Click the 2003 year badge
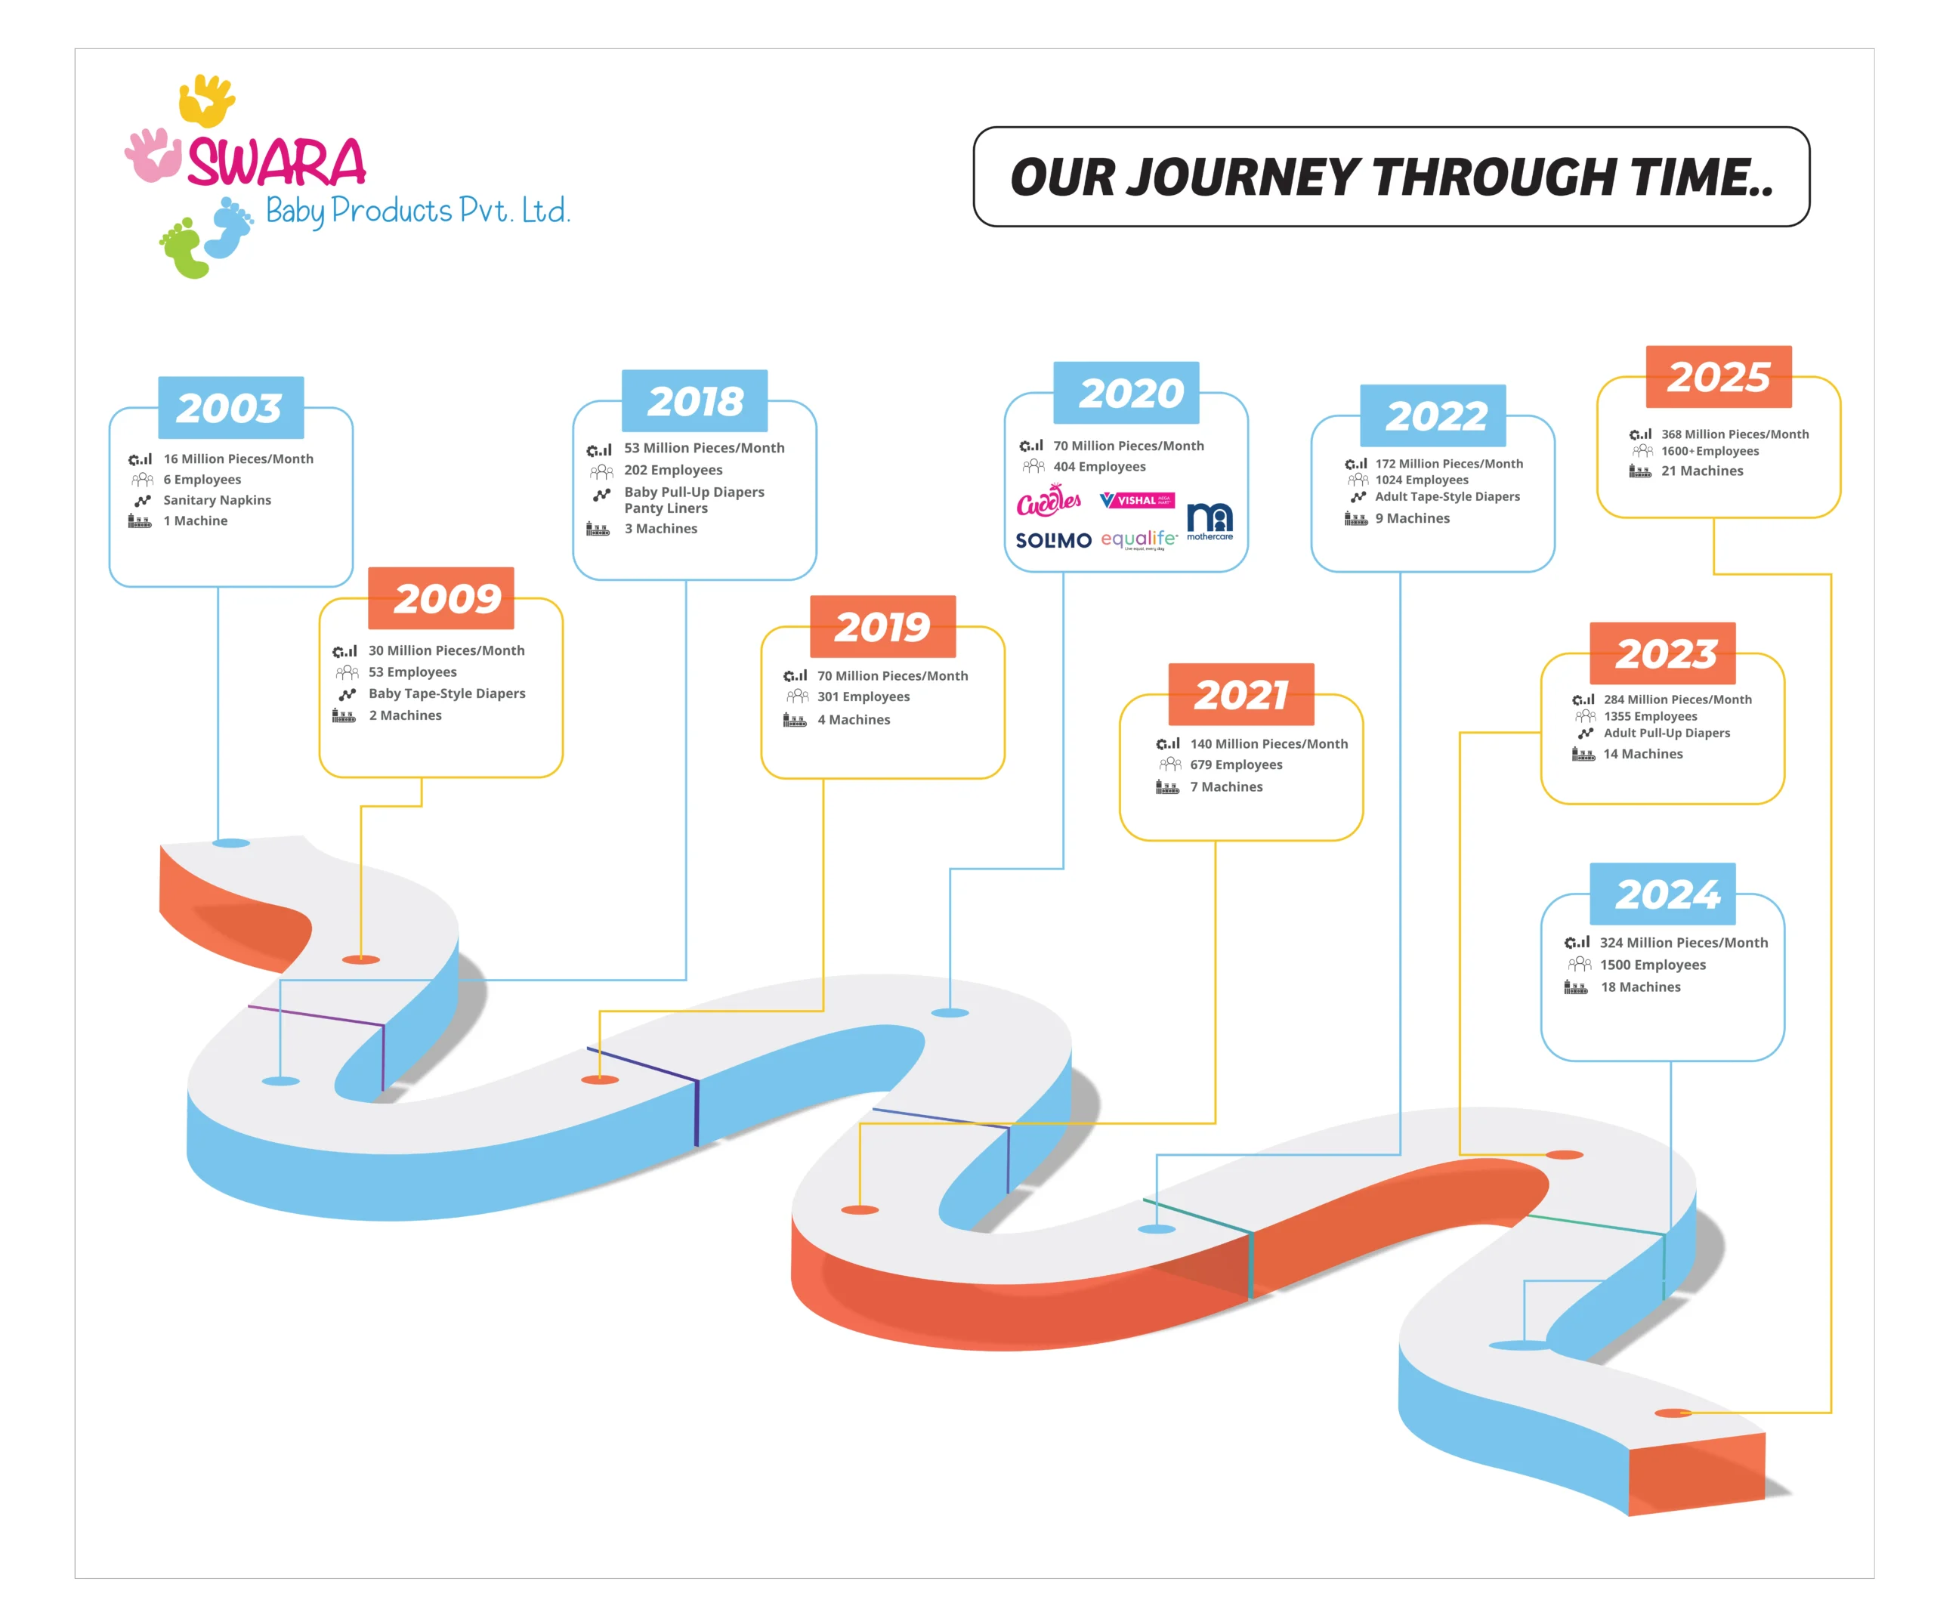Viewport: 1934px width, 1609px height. (x=230, y=407)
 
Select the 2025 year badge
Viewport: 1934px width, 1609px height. (x=1718, y=377)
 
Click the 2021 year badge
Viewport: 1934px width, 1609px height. (x=1240, y=694)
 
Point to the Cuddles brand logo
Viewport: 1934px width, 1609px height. (x=1048, y=501)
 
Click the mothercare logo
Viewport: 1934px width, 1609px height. (x=1210, y=520)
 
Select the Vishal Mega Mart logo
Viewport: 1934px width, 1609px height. (x=1138, y=500)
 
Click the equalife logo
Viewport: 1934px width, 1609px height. (x=1138, y=539)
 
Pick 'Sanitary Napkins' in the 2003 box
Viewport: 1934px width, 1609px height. (x=218, y=500)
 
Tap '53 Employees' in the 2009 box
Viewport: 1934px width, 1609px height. (x=412, y=672)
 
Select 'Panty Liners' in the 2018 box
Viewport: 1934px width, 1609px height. (x=666, y=508)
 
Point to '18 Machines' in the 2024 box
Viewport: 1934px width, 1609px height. (x=1640, y=987)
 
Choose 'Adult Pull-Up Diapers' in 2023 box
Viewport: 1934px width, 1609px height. (x=1666, y=733)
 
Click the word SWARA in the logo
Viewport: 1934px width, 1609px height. (x=277, y=163)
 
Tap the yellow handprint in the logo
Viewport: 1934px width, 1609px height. (x=206, y=100)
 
